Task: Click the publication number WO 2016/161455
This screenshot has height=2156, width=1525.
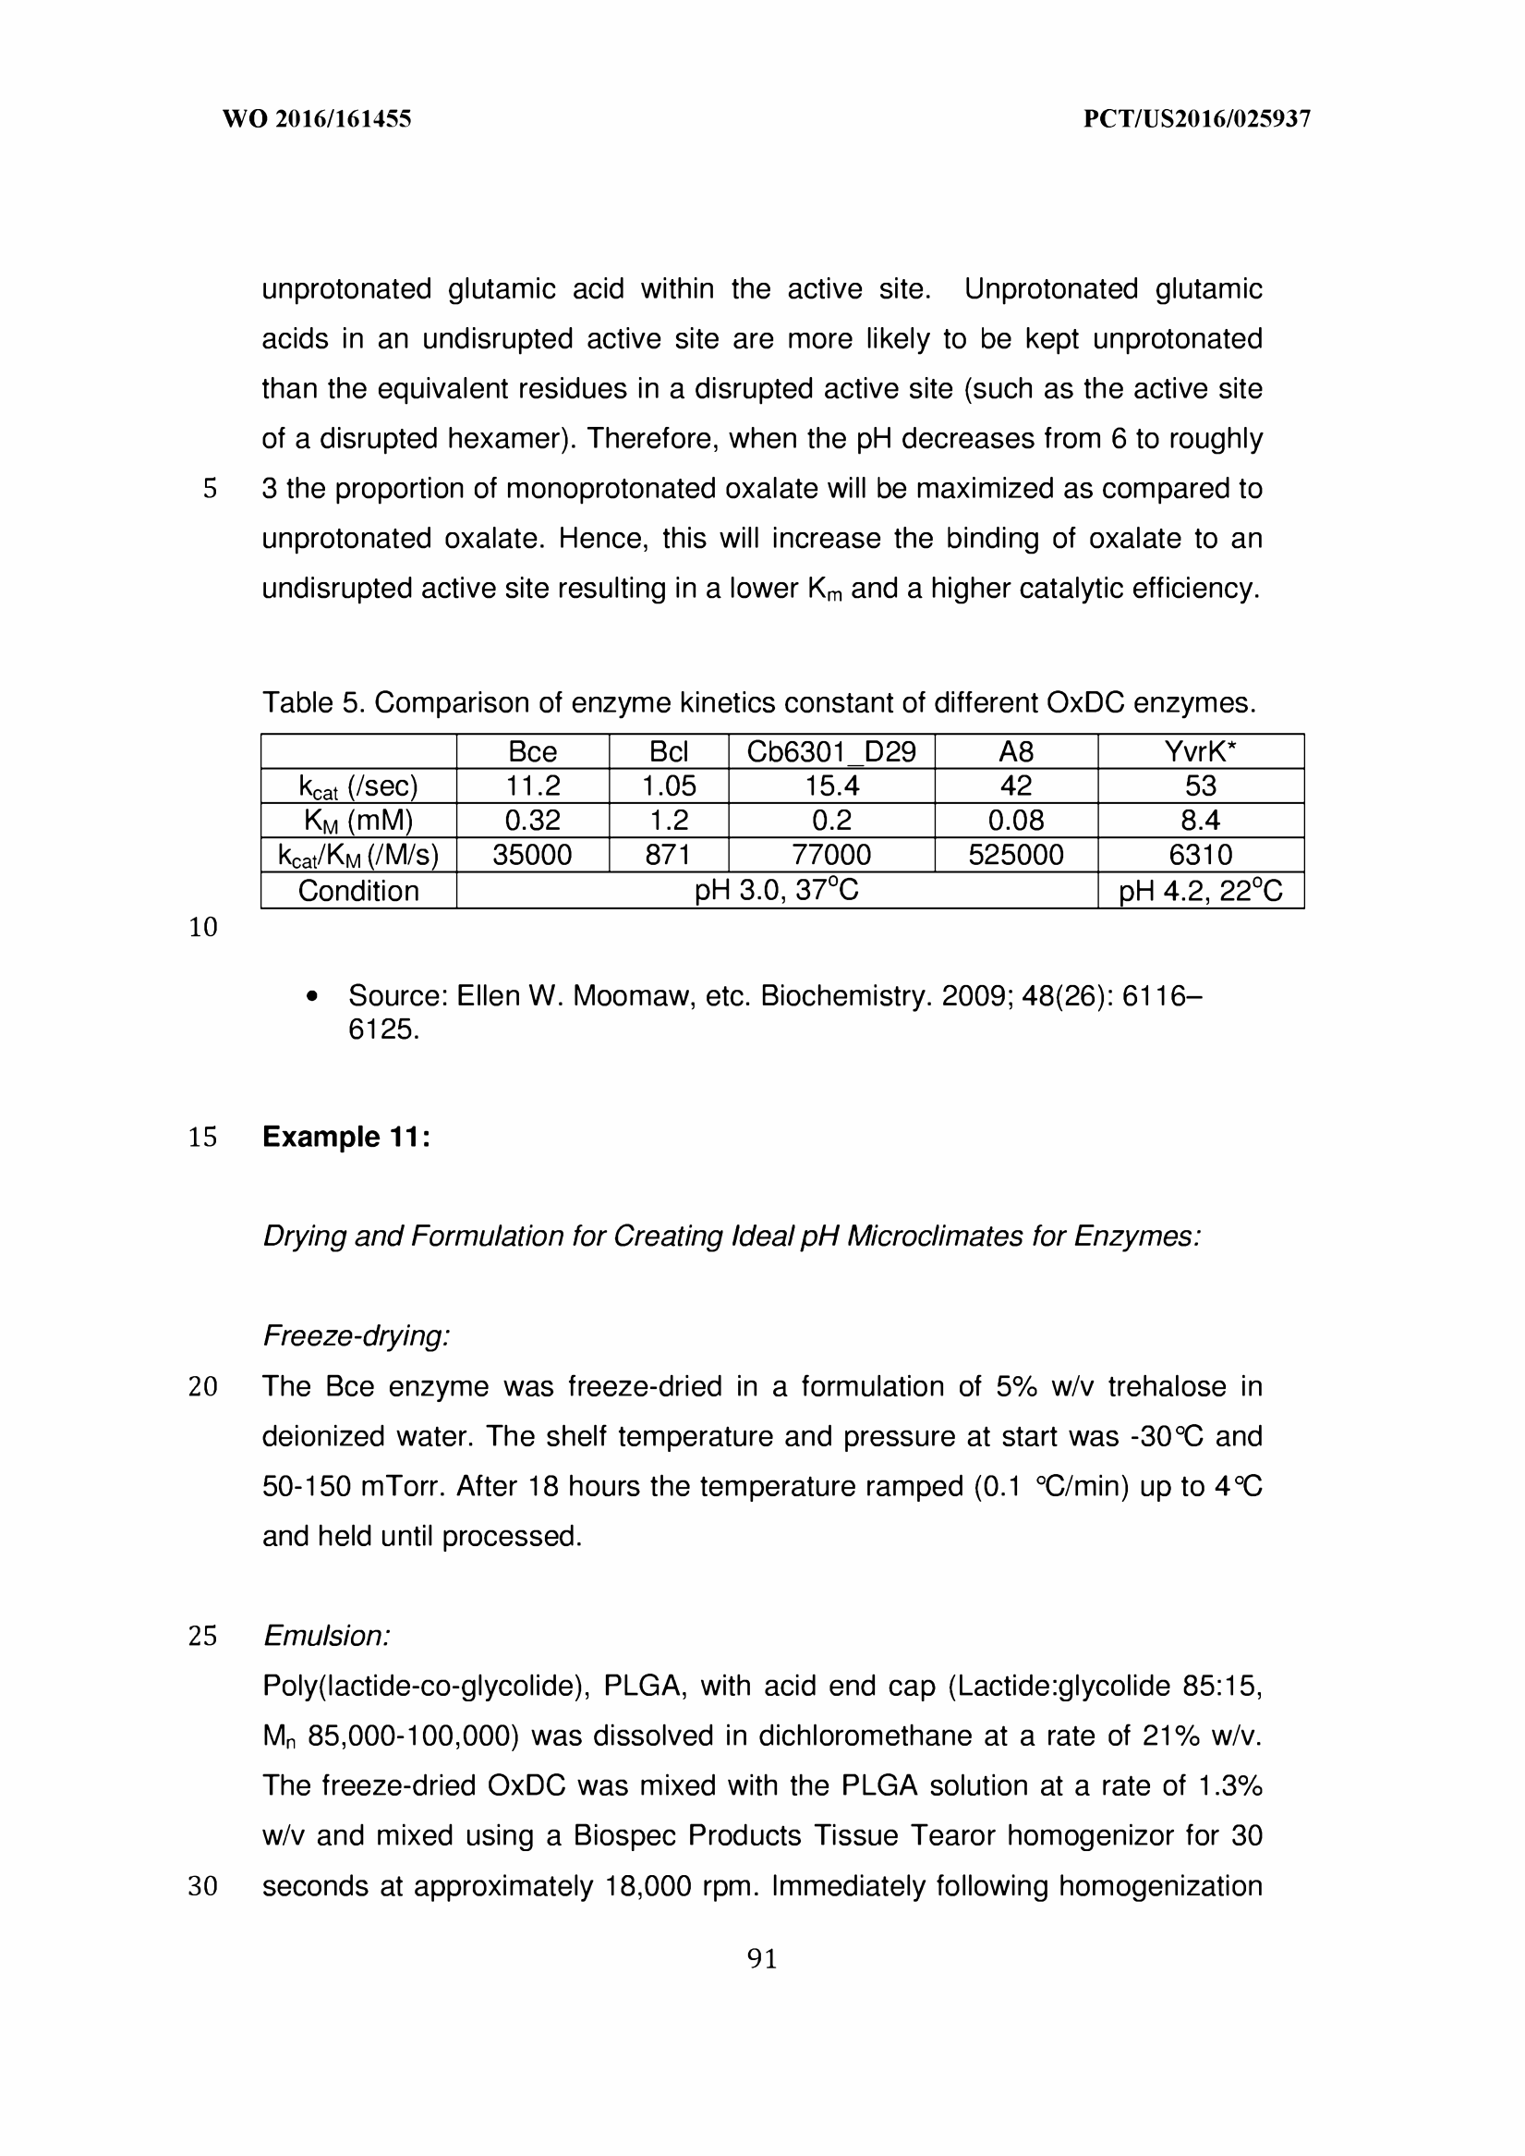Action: (317, 119)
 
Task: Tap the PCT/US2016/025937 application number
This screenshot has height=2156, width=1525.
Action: (1196, 119)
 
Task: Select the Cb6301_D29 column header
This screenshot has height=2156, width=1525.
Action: (831, 751)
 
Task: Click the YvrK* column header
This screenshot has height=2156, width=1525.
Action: (1200, 751)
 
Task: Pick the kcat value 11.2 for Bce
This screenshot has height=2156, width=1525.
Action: (532, 786)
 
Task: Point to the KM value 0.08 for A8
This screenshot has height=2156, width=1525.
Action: (1016, 820)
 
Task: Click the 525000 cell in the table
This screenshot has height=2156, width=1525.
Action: (1016, 855)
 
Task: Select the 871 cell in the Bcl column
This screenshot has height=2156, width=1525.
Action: (669, 855)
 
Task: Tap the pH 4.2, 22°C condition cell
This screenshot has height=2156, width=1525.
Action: (1200, 891)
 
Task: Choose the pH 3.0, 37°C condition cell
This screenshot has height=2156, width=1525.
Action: (777, 891)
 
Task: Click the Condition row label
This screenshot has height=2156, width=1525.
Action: (358, 891)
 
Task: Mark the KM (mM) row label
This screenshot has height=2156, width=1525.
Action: (358, 820)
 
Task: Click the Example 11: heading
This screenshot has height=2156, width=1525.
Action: (346, 1137)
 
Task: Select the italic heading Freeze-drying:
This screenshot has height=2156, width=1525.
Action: (357, 1335)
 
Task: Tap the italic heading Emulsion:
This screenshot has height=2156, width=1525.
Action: (327, 1636)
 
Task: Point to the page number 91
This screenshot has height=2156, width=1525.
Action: (761, 1959)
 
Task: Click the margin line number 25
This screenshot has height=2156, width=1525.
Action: (203, 1636)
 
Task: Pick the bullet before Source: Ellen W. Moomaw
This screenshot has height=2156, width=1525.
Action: (314, 997)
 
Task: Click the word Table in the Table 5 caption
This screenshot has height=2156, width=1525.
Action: (297, 702)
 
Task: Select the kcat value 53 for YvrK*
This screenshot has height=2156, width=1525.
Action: (1200, 786)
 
